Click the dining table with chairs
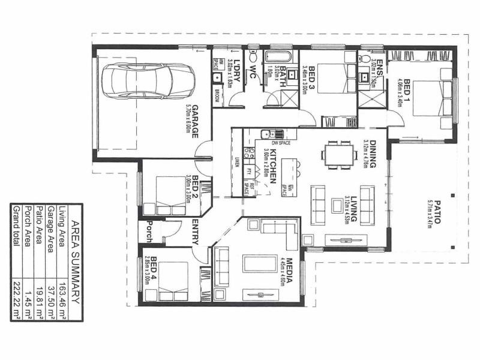tap(338, 154)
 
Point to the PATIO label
tap(437, 211)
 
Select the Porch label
tap(149, 232)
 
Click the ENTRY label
tap(196, 232)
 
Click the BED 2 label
tap(195, 188)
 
